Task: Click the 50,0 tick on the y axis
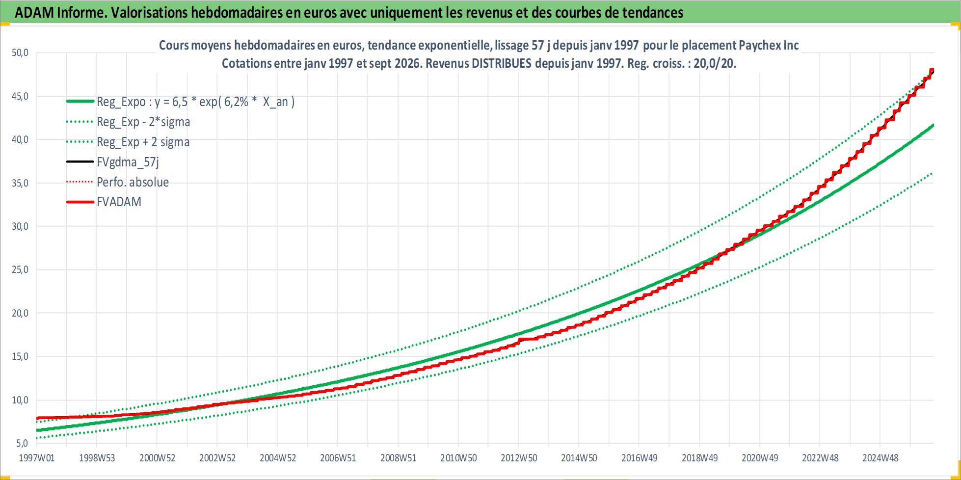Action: pyautogui.click(x=20, y=53)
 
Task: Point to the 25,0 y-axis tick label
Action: pyautogui.click(x=20, y=269)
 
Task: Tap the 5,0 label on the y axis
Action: pyautogui.click(x=22, y=443)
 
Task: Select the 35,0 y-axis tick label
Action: pyautogui.click(x=20, y=183)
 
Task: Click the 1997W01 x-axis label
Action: pyautogui.click(x=37, y=458)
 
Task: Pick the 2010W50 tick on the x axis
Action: pyautogui.click(x=458, y=458)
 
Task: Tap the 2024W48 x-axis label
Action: pyautogui.click(x=881, y=458)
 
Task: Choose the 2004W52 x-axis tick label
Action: pyautogui.click(x=278, y=458)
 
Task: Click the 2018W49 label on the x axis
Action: pyautogui.click(x=699, y=458)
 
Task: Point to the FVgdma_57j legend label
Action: pyautogui.click(x=128, y=162)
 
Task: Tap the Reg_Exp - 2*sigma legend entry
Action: pyautogui.click(x=143, y=122)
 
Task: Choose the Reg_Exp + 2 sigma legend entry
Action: pyautogui.click(x=143, y=142)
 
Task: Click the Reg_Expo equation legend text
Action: pyautogui.click(x=195, y=102)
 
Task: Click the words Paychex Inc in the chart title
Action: pyautogui.click(x=769, y=45)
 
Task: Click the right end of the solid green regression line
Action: pyautogui.click(x=933, y=125)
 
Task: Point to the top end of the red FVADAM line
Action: pyautogui.click(x=932, y=70)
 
